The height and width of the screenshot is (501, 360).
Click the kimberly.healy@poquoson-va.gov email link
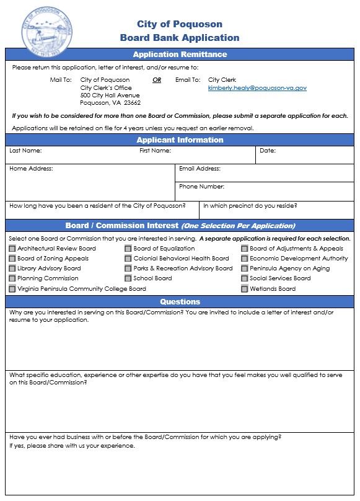[257, 88]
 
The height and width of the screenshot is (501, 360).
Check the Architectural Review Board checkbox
[12, 249]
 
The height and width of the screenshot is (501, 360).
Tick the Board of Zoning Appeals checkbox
[12, 259]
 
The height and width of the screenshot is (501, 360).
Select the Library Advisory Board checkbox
[12, 268]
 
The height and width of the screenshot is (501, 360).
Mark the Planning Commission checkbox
[12, 278]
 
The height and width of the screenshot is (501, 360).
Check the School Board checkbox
[128, 278]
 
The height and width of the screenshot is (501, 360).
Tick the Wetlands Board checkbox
[245, 288]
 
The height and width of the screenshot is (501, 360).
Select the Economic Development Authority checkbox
[245, 259]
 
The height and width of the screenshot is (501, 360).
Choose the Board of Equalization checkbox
[128, 249]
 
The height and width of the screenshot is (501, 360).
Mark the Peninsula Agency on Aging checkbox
[245, 268]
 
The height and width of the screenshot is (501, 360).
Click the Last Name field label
[25, 151]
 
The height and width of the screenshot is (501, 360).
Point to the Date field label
[268, 151]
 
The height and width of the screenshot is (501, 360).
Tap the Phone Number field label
[201, 187]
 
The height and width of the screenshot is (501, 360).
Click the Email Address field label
[200, 169]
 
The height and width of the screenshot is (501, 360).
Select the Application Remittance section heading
[180, 55]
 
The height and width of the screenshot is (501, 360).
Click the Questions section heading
[180, 302]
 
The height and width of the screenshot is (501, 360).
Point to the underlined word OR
[157, 80]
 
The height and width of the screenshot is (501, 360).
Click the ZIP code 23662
[132, 103]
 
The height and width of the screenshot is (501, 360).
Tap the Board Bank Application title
[180, 38]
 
